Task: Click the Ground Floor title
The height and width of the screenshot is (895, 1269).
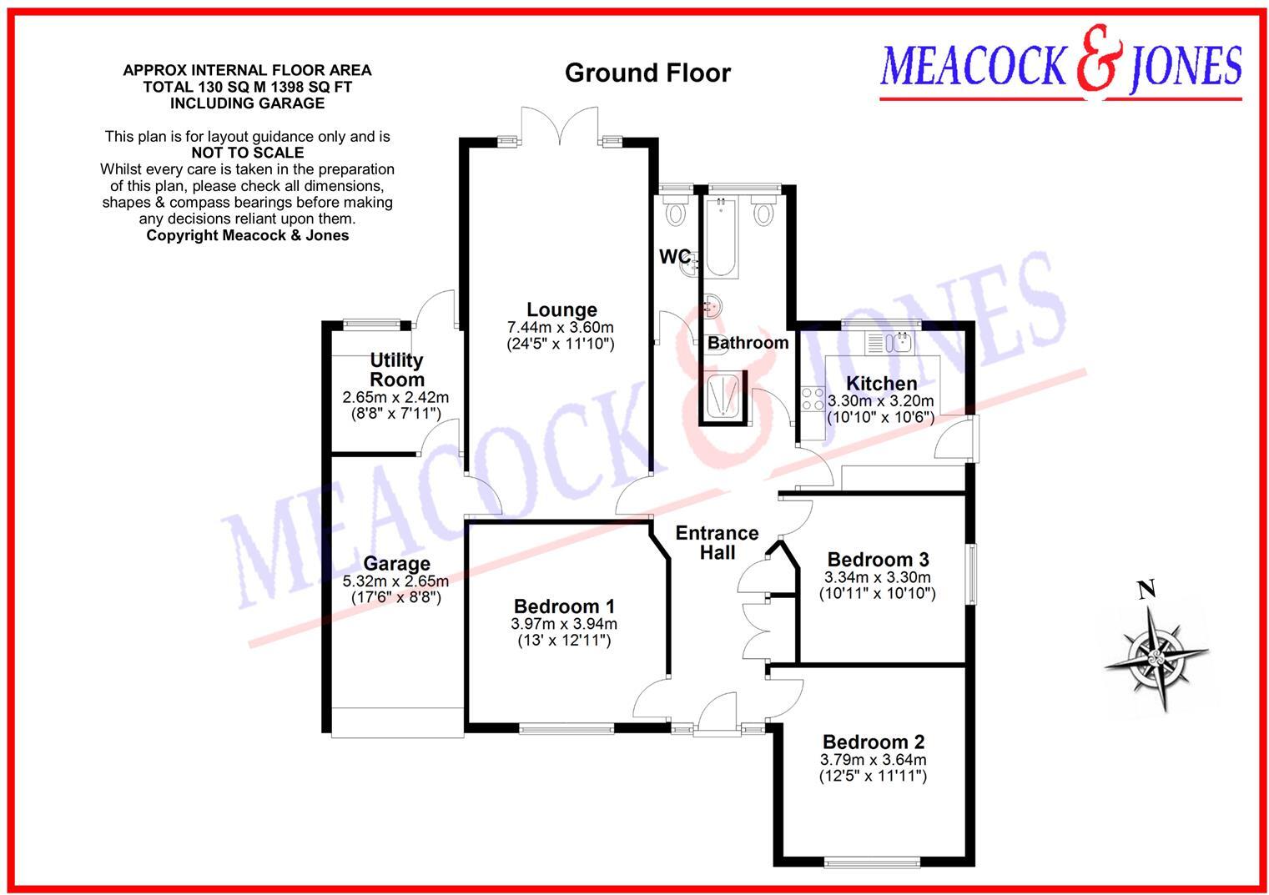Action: (647, 73)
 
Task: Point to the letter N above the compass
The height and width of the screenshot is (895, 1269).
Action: (1147, 591)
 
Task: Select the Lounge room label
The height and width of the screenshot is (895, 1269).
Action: (561, 310)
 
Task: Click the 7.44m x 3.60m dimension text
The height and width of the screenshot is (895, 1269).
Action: (561, 327)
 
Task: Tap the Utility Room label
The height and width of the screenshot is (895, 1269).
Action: (396, 370)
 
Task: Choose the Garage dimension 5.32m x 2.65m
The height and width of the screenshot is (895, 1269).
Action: (395, 581)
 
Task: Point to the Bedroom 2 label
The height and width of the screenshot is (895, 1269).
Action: (873, 742)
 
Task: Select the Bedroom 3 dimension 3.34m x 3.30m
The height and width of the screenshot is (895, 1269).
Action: (878, 577)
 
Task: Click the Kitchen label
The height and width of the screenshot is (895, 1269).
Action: (881, 384)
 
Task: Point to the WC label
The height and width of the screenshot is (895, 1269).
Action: (674, 257)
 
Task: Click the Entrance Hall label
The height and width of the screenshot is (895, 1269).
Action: (717, 542)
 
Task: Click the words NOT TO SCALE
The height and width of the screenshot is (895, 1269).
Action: (247, 153)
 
